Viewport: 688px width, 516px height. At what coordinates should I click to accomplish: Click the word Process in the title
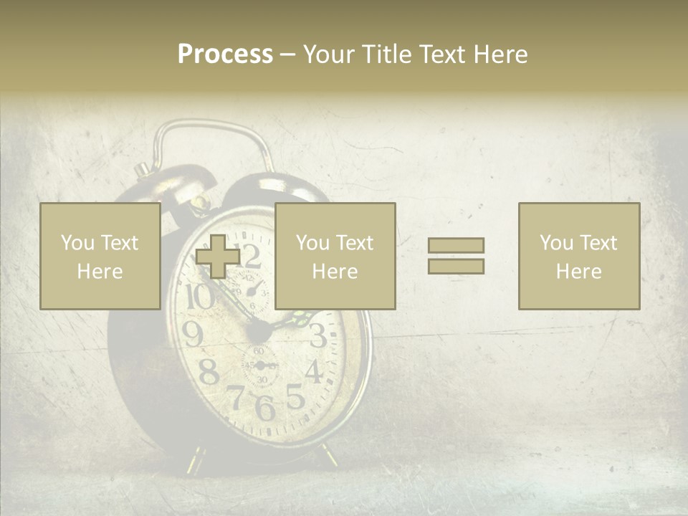(x=225, y=54)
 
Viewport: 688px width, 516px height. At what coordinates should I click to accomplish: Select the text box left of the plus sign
(x=100, y=256)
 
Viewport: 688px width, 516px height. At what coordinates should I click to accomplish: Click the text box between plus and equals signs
(x=335, y=256)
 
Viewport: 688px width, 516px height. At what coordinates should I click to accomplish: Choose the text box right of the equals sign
(x=578, y=256)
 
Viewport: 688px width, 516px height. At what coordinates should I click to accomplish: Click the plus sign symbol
(x=218, y=257)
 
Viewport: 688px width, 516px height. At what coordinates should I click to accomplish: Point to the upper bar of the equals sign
(x=456, y=245)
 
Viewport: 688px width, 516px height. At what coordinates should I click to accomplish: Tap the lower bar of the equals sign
(x=456, y=266)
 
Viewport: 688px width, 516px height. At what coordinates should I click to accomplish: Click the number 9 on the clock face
(x=193, y=333)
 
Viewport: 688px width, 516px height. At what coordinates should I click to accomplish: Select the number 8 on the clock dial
(x=208, y=372)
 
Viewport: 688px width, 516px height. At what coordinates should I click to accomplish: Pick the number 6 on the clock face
(x=264, y=407)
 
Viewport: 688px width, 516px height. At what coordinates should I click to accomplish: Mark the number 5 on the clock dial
(x=294, y=395)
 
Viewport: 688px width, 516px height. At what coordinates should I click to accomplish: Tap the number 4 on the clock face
(x=313, y=371)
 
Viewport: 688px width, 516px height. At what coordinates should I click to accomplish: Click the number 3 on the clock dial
(x=317, y=335)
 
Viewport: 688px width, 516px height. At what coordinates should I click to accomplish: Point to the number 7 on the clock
(x=236, y=396)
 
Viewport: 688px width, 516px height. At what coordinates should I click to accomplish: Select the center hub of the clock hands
(x=259, y=331)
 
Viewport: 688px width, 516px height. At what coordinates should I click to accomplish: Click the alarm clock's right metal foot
(x=330, y=454)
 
